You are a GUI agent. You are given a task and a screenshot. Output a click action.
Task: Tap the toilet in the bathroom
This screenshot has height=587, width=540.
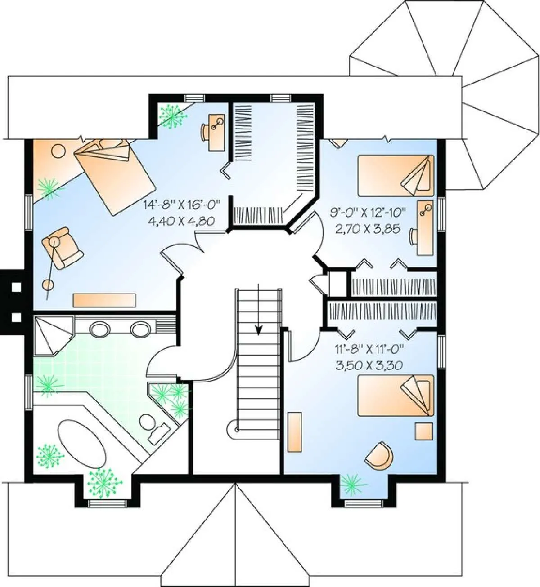coord(154,429)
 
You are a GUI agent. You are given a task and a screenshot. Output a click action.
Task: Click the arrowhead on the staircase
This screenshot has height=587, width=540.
coord(258,329)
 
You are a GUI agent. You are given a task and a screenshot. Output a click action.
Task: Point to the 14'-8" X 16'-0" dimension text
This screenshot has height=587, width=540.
coord(182,204)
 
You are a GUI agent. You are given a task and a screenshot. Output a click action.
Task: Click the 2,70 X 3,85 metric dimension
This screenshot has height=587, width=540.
coord(368,228)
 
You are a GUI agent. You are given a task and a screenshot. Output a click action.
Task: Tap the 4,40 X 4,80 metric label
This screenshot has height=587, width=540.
coord(182,220)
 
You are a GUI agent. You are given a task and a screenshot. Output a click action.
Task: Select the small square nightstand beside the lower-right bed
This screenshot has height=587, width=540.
coord(424,431)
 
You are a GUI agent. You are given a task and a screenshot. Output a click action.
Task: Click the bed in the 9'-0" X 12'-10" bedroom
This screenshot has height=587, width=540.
coord(396,175)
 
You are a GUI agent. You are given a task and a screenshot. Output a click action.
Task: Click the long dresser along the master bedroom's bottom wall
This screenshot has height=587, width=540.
coord(104,300)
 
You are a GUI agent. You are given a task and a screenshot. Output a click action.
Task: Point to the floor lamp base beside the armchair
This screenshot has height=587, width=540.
coord(48,284)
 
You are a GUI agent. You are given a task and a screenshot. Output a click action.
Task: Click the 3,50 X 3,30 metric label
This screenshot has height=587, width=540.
coord(369,365)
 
